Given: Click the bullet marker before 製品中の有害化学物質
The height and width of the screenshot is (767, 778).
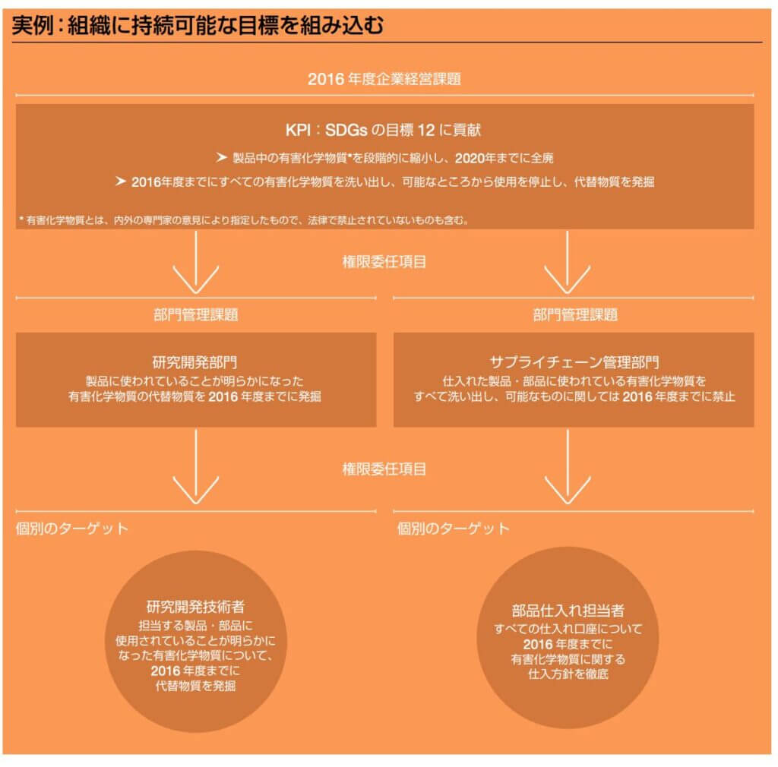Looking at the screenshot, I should tap(221, 159).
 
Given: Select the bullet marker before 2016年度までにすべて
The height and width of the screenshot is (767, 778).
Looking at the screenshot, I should tap(119, 181).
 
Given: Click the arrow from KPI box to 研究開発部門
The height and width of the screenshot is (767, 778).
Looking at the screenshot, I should tap(196, 262).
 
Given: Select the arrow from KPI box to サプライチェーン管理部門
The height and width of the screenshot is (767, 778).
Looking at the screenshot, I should tap(567, 262).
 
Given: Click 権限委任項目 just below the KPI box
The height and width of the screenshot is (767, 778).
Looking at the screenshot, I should tap(384, 262).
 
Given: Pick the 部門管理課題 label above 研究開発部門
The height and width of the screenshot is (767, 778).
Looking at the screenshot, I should tap(196, 314).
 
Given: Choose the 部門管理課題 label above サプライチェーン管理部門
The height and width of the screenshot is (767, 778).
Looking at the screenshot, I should tap(574, 314).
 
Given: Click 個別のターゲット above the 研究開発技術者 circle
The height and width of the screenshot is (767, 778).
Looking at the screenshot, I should tap(72, 528).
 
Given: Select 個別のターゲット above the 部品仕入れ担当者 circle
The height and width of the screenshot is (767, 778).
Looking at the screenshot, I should tap(454, 528).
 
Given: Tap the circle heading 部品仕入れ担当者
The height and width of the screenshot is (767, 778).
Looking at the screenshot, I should tap(569, 611).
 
